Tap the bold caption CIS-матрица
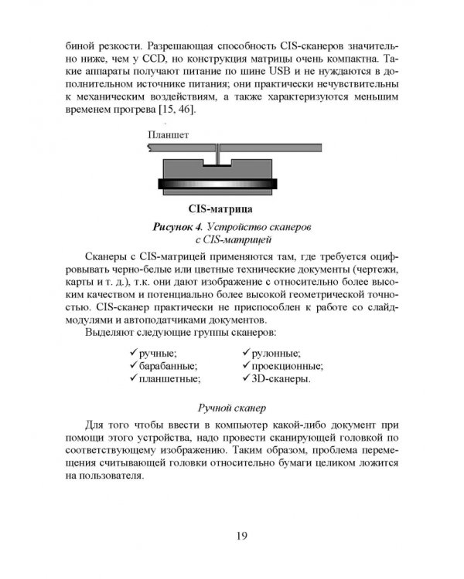(225, 208)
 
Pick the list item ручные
(158, 352)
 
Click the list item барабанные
(168, 366)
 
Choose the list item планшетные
(169, 380)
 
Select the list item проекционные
(288, 366)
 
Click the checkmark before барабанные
(134, 365)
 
